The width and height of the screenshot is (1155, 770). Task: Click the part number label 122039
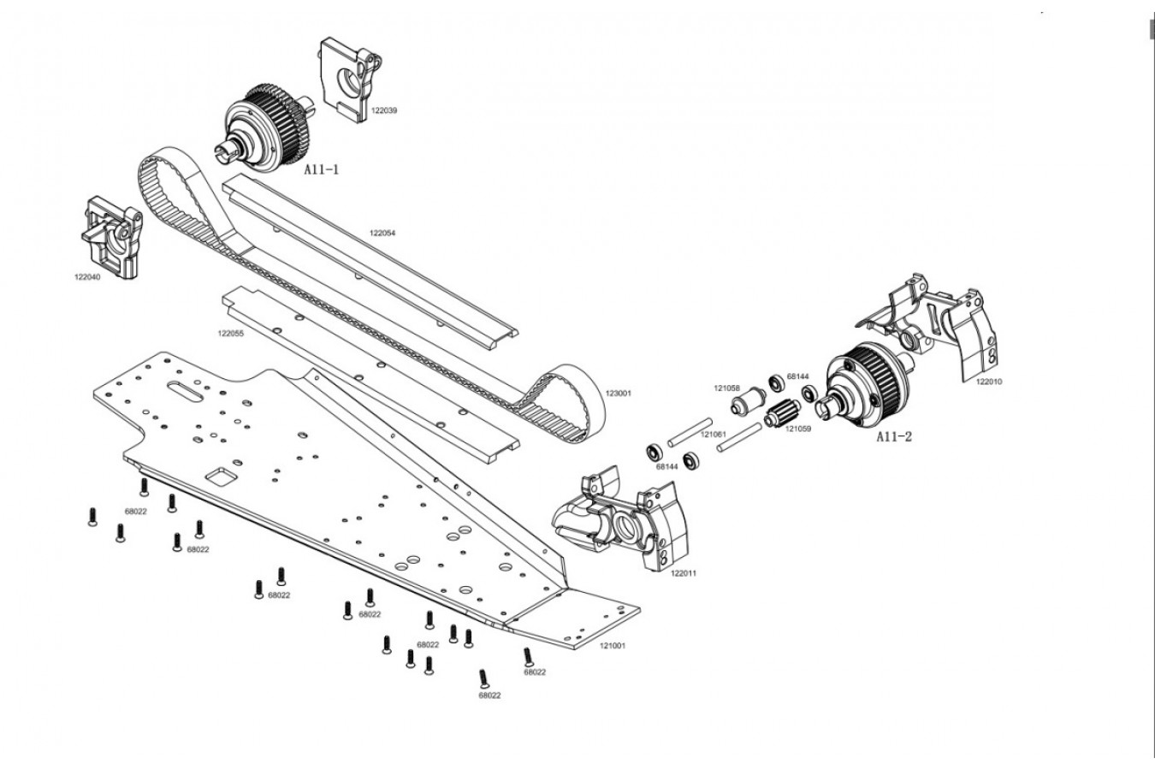(384, 110)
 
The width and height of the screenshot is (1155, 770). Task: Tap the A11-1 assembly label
(322, 170)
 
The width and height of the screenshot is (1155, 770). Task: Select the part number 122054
(382, 233)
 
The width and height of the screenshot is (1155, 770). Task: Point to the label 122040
(87, 276)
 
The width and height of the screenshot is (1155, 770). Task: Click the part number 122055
(231, 334)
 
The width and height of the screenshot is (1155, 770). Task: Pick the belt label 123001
(618, 394)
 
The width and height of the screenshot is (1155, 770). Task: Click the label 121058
(727, 388)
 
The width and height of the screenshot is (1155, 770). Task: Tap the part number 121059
(798, 428)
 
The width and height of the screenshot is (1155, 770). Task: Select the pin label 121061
(714, 435)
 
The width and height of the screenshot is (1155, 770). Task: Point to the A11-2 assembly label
(893, 436)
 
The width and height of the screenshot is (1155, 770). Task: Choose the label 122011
(684, 573)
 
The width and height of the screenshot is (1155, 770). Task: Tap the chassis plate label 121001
(612, 645)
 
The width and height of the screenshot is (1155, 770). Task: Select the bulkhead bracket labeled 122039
(351, 77)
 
